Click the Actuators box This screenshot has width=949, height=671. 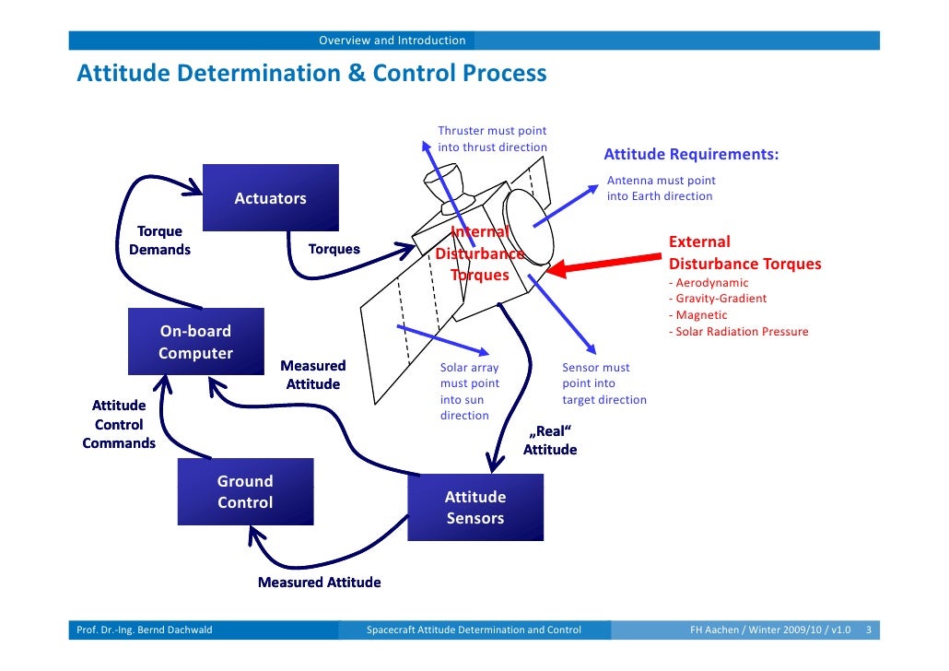pos(270,198)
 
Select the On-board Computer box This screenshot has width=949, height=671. pos(195,342)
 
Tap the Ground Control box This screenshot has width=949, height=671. pos(245,492)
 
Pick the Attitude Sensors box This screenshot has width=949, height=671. pos(475,508)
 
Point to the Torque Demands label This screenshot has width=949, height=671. pos(160,241)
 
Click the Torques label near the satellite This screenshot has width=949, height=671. pos(334,249)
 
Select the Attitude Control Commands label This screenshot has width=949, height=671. pos(119,424)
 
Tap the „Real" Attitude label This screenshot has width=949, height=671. pos(550,441)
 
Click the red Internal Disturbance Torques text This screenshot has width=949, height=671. pos(479,254)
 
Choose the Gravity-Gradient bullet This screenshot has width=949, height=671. pos(717,299)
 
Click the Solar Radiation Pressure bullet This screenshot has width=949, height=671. pos(738,332)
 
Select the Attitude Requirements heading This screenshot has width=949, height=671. pos(691,154)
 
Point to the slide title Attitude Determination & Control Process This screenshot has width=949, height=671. pos(311,73)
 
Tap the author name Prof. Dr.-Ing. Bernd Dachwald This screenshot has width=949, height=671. pos(144,630)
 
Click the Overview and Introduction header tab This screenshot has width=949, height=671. pos(392,41)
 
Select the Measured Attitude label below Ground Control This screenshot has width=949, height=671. pos(319,583)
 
